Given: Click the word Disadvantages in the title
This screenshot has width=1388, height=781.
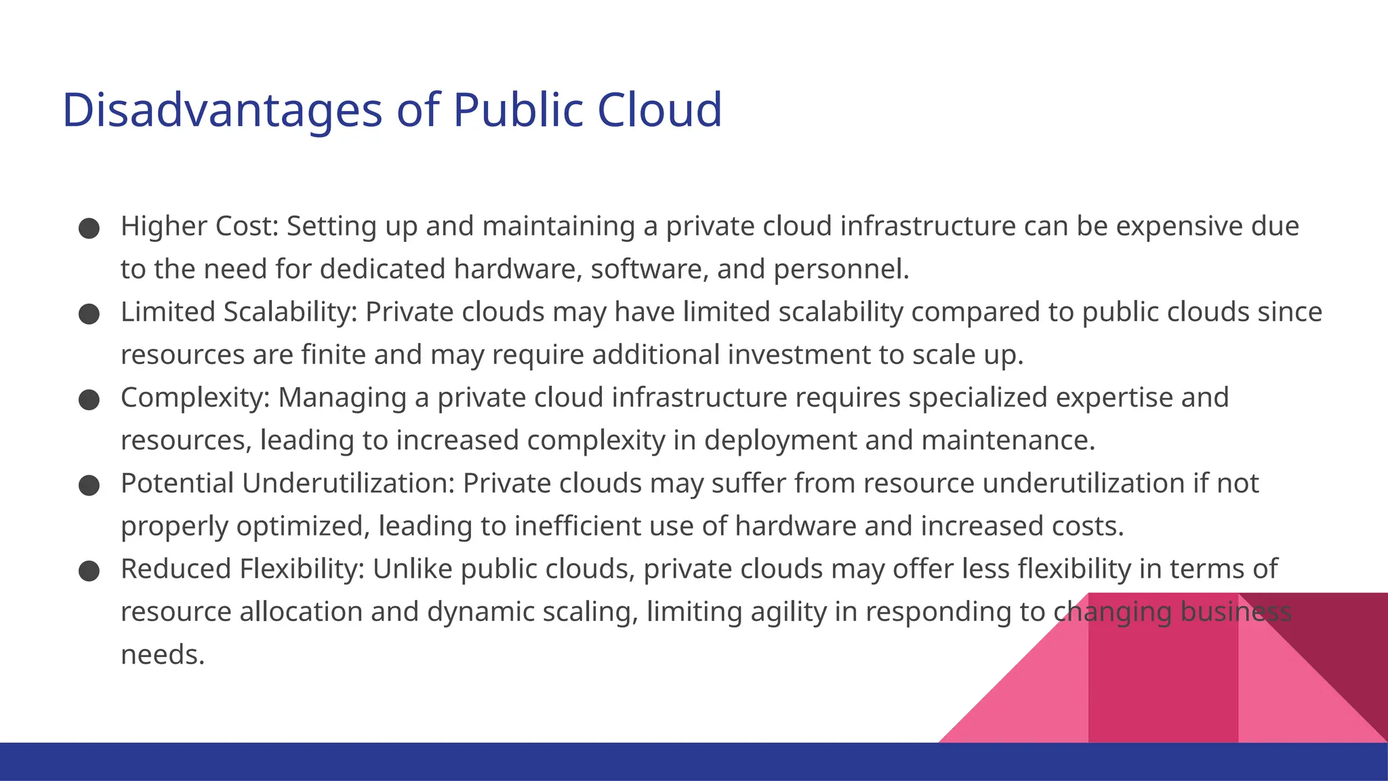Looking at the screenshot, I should click(x=222, y=110).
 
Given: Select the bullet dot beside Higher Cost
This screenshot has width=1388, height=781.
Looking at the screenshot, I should click(x=89, y=228).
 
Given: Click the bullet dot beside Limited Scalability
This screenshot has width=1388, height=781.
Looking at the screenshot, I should click(x=89, y=314).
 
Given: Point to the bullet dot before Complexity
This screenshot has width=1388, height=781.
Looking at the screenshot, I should click(x=89, y=400).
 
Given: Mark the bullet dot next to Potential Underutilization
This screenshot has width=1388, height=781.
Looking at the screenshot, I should click(x=89, y=485).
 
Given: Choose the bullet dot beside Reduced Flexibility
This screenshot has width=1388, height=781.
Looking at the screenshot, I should click(x=89, y=571).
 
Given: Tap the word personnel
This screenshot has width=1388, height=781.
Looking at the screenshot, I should click(x=840, y=270).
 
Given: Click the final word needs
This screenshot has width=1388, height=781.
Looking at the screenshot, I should click(x=163, y=655).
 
